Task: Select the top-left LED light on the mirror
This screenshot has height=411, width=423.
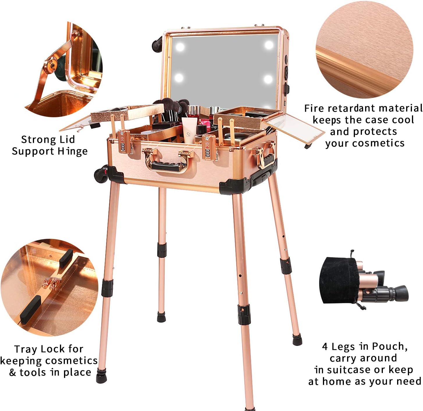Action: (x=180, y=47)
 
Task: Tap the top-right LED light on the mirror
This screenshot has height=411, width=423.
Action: (x=269, y=45)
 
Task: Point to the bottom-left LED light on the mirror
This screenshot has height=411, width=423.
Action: (x=179, y=78)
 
